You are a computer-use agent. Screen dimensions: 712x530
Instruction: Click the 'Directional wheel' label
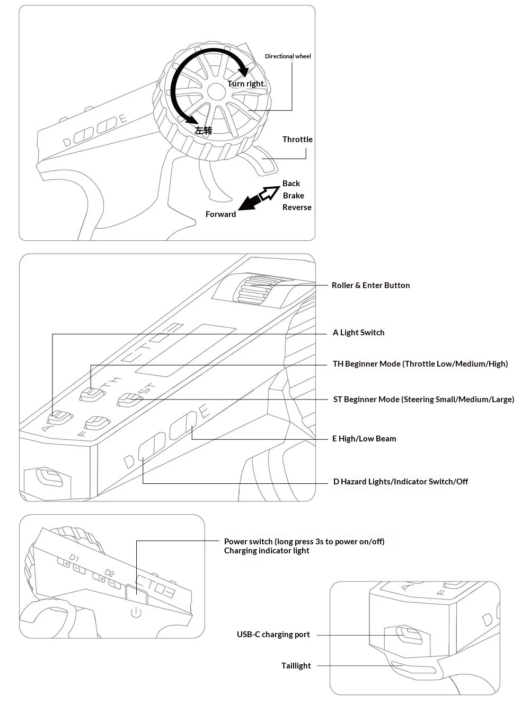tap(288, 56)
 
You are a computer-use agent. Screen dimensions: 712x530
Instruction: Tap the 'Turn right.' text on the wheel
tap(246, 84)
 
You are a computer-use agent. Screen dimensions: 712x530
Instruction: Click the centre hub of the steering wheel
tap(216, 91)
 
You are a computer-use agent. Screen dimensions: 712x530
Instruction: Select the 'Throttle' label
tap(297, 140)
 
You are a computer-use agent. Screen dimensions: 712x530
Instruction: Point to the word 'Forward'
tap(220, 214)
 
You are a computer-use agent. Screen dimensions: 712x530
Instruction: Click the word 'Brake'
tap(293, 196)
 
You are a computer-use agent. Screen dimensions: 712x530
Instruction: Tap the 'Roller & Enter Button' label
tap(370, 285)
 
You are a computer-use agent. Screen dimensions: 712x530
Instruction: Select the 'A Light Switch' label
tap(358, 333)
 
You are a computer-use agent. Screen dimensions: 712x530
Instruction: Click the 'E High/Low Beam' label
tap(364, 439)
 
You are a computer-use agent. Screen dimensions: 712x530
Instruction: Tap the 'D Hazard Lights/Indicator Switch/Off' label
tap(400, 482)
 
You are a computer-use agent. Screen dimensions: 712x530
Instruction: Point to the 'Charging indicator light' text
tap(267, 551)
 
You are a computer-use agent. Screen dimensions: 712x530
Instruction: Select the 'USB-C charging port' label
tap(273, 635)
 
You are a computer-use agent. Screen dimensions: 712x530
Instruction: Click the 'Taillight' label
tap(296, 666)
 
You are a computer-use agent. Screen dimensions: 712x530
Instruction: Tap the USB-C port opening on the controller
tap(408, 635)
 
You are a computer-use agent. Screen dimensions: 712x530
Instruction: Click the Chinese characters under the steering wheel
tap(203, 131)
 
